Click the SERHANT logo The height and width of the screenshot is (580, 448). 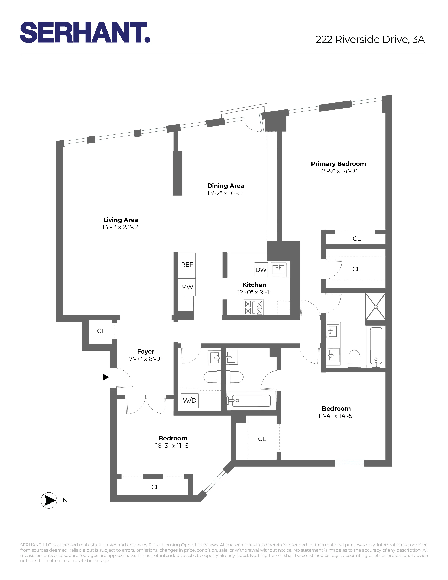click(x=85, y=32)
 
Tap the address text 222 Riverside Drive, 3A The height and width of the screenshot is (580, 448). click(x=370, y=40)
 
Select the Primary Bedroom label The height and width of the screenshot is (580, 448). click(x=338, y=164)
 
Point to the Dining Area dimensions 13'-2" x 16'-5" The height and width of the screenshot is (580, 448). click(x=225, y=193)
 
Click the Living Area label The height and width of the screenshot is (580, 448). click(x=121, y=220)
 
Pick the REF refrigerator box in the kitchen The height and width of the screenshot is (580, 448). click(x=187, y=265)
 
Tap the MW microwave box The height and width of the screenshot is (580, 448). click(x=187, y=287)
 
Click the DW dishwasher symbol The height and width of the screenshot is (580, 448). click(x=261, y=270)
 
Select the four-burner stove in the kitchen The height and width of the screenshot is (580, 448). click(x=254, y=307)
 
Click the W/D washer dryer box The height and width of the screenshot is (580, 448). click(x=190, y=401)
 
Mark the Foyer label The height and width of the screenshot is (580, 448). click(x=145, y=352)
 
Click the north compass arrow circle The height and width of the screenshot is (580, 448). click(x=49, y=500)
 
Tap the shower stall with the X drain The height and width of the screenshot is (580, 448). click(x=375, y=307)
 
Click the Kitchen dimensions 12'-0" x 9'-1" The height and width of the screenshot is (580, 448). click(x=254, y=292)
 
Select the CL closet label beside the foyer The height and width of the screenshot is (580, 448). click(x=101, y=331)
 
